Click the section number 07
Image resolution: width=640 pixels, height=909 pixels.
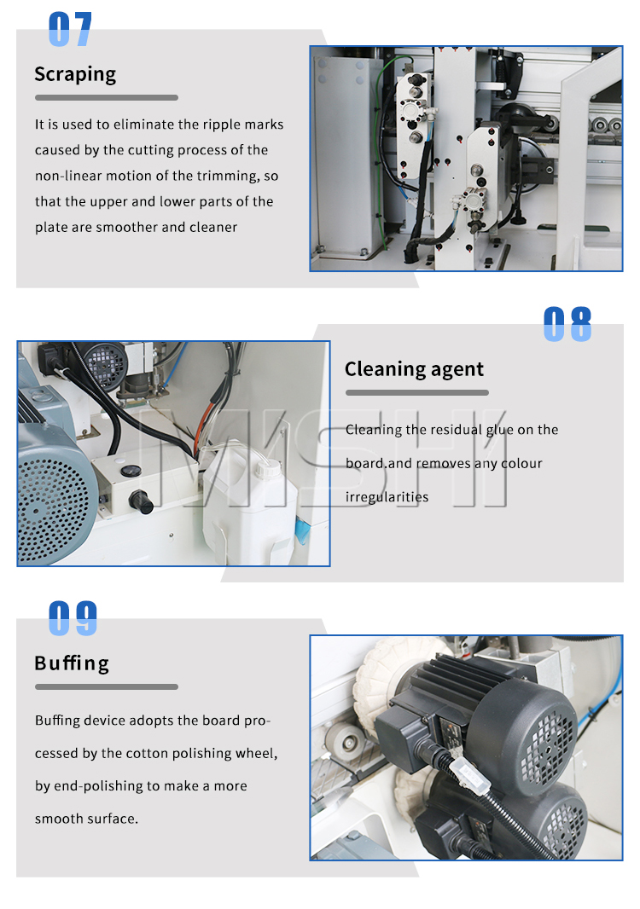pyautogui.click(x=70, y=29)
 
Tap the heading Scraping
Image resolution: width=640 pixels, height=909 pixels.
pyautogui.click(x=75, y=75)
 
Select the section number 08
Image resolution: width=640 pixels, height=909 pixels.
pyautogui.click(x=567, y=324)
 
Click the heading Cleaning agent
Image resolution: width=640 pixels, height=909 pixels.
pyautogui.click(x=414, y=369)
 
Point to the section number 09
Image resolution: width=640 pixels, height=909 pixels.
pyautogui.click(x=73, y=618)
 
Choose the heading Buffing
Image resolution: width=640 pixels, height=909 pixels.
pyautogui.click(x=72, y=663)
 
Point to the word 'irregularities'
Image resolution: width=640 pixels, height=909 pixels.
pyautogui.click(x=387, y=497)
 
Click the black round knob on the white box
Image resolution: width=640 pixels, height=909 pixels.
pyautogui.click(x=141, y=501)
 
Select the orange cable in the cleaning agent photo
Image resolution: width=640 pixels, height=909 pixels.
pyautogui.click(x=201, y=427)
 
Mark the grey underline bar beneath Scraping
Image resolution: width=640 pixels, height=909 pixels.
pyautogui.click(x=106, y=98)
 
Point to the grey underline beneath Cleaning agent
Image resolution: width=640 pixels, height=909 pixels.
pyautogui.click(x=417, y=392)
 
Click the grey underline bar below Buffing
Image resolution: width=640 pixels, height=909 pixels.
pyautogui.click(x=106, y=687)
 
